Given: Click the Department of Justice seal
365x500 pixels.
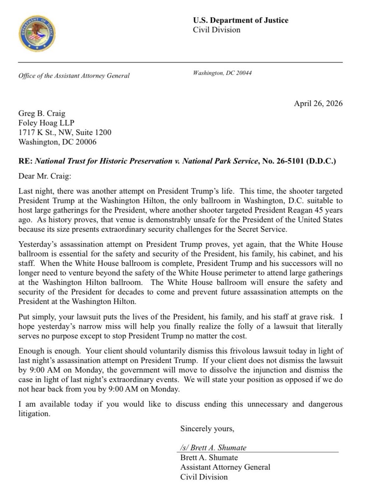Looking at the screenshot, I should tap(37, 33).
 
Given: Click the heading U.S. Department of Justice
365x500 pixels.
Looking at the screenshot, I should tap(241, 20).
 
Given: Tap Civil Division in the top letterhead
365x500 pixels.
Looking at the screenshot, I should tap(217, 30).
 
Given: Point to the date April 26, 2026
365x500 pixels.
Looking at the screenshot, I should tap(318, 103).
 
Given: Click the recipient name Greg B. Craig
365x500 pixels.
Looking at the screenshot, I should tap(42, 113).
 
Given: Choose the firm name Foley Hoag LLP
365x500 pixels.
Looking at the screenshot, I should tap(46, 123).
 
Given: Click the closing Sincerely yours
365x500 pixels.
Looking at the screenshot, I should tap(207, 429).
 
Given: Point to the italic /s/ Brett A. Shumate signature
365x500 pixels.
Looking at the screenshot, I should tap(213, 448).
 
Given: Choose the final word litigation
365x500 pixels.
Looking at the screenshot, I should tap(34, 414).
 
